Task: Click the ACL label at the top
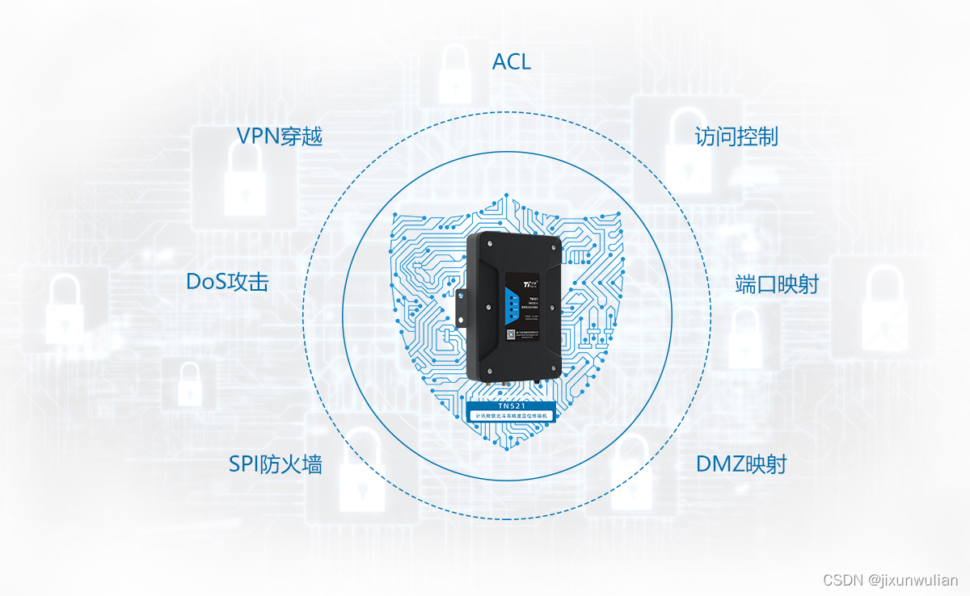click(x=512, y=61)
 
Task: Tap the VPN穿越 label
click(x=280, y=136)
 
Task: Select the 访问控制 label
click(x=736, y=136)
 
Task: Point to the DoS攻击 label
click(x=227, y=282)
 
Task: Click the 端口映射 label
click(x=777, y=284)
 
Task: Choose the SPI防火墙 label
click(x=276, y=464)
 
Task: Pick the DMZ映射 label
click(x=741, y=464)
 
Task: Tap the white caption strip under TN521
click(x=511, y=414)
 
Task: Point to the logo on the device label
click(x=531, y=283)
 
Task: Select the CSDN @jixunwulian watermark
click(x=890, y=580)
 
